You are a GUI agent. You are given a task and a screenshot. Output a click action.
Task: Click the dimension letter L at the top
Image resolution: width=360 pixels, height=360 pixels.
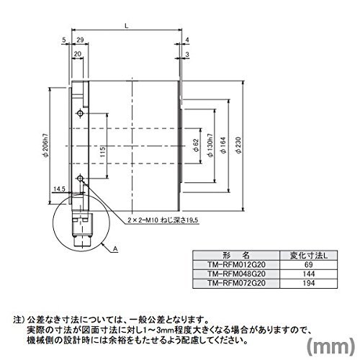click(127, 26)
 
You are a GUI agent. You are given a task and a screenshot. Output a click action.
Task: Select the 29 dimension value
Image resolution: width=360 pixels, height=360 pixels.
click(80, 40)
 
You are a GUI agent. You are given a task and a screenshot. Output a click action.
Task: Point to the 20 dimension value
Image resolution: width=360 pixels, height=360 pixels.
click(78, 54)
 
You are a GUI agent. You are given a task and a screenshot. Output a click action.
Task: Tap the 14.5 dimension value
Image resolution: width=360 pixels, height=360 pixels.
click(59, 189)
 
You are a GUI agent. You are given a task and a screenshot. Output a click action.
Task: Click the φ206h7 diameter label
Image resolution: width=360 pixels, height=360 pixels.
click(46, 145)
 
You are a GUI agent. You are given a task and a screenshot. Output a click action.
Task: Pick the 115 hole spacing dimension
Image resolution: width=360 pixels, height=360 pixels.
click(102, 152)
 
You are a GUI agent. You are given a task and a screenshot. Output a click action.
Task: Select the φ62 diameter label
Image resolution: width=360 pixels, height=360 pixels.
click(196, 145)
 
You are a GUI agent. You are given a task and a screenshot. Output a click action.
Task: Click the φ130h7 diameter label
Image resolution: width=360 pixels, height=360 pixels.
click(210, 145)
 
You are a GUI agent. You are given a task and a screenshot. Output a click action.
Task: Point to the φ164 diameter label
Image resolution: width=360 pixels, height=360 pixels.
click(223, 145)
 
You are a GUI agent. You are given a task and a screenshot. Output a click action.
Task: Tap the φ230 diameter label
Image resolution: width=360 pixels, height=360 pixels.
click(238, 145)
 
